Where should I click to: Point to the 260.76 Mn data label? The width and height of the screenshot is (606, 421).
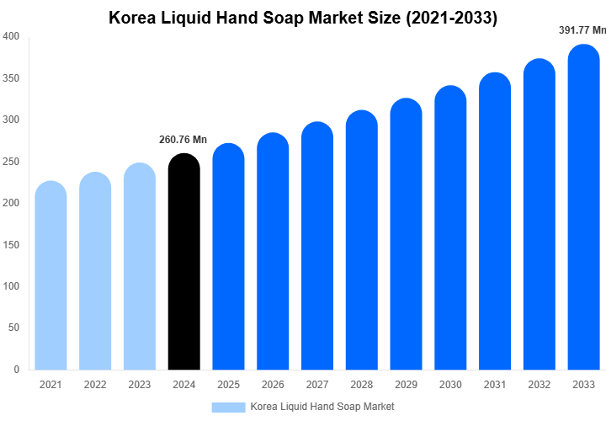coord(183,140)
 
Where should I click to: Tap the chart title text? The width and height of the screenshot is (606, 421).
coord(303,18)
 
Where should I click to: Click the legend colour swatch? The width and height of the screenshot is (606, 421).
coord(228,407)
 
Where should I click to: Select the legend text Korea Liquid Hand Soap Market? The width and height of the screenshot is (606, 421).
coord(322,407)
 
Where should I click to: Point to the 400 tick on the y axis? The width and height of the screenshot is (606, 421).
coord(11,37)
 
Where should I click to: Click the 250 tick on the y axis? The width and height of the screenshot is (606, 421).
coord(11,162)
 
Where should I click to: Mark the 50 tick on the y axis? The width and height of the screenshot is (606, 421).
coord(13,328)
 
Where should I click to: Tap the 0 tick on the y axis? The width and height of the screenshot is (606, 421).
coord(16,369)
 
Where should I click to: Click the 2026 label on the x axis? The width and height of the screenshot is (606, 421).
coord(273,385)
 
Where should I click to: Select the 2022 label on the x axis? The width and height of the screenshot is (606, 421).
coord(95,385)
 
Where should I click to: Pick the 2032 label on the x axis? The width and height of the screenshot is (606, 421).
coord(540,385)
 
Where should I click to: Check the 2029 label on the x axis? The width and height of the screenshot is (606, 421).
coord(407,385)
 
